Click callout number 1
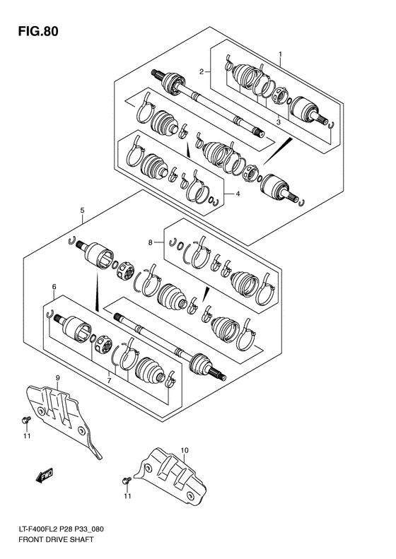pyautogui.click(x=280, y=54)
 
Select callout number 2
pyautogui.click(x=202, y=71)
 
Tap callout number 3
pyautogui.click(x=278, y=122)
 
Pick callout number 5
pyautogui.click(x=83, y=211)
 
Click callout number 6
pyautogui.click(x=53, y=286)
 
